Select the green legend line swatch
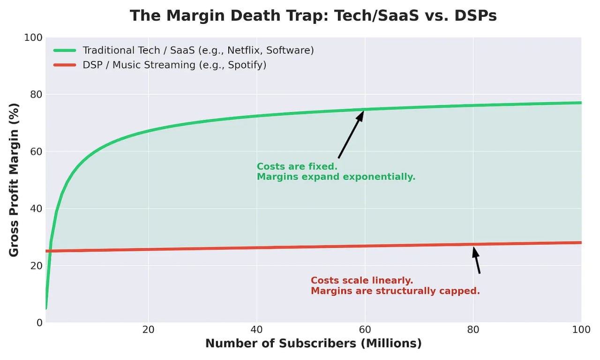click(x=65, y=50)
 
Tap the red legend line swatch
click(x=65, y=65)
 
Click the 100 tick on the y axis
click(x=33, y=37)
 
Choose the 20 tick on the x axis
click(x=149, y=330)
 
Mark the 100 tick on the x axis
click(x=581, y=330)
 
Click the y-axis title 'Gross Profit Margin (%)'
click(x=14, y=180)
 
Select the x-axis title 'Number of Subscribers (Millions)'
click(x=313, y=344)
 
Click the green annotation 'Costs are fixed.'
click(x=297, y=167)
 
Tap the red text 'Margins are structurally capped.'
click(x=395, y=291)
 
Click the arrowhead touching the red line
click(x=475, y=252)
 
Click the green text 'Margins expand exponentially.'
click(x=336, y=177)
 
